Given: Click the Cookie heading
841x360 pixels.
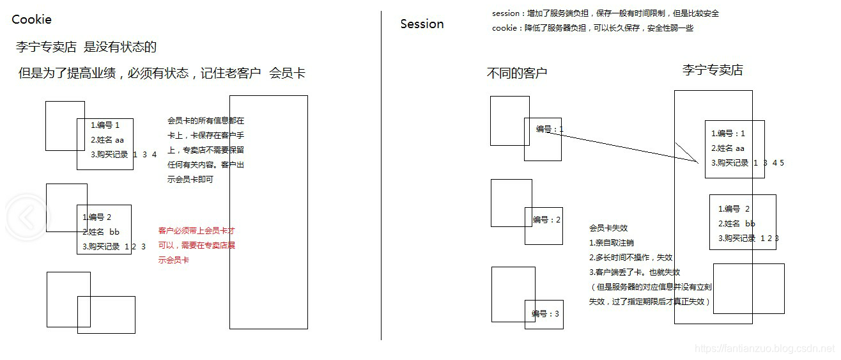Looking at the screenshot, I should [31, 20].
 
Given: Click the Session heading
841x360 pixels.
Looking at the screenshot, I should [422, 24].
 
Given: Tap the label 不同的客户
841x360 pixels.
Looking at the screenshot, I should [517, 73].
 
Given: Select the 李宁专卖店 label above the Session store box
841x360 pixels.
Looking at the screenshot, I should [713, 70].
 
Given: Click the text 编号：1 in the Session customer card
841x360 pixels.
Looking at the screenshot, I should [550, 129].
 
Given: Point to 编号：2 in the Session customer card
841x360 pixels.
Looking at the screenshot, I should [546, 220].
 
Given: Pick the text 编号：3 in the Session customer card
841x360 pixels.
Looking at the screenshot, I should [545, 314].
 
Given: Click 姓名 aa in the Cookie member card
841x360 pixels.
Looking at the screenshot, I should [107, 139].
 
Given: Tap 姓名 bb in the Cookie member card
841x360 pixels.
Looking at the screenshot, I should [101, 231].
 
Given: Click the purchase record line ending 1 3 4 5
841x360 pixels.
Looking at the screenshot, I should [747, 163].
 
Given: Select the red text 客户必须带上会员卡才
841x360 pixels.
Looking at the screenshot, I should [197, 231].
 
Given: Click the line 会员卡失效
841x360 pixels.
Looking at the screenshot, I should [608, 228].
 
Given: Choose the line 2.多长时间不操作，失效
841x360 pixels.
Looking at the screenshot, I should [631, 258].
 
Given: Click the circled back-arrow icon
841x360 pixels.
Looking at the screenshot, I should [26, 218].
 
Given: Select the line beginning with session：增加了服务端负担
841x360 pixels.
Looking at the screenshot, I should [605, 13].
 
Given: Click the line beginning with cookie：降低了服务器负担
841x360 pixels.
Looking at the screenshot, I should [592, 28].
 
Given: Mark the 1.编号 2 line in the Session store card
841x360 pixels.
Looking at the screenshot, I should [734, 209].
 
